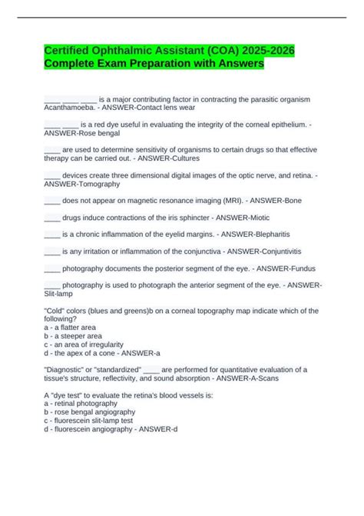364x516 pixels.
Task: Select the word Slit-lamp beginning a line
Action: pos(62,293)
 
